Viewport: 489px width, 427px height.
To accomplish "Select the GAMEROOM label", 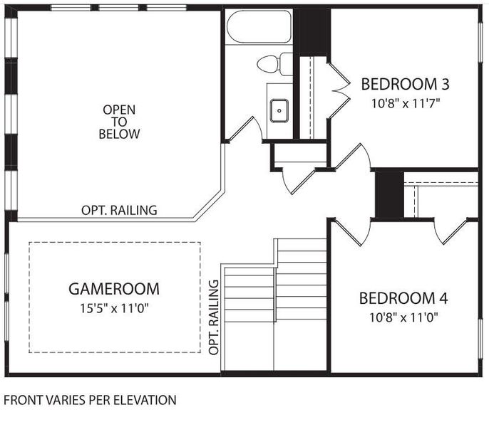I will pos(114,289).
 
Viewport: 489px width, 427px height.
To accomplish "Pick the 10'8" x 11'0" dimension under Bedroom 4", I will pos(403,317).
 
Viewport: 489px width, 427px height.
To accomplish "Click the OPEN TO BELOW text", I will pos(119,122).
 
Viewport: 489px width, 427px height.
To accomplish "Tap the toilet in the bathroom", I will pos(274,63).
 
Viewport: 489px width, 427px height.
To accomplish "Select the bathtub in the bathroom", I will pos(258,28).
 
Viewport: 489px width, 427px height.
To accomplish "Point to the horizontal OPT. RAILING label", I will pos(119,211).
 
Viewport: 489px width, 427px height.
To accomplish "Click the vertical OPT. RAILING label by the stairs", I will pos(214,316).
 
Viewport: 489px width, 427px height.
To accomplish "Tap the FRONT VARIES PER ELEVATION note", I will pos(90,400).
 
